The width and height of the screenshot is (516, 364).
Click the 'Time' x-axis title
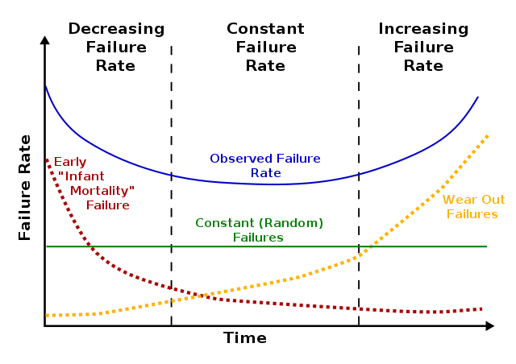244,338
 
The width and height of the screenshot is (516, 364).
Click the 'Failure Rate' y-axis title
25,187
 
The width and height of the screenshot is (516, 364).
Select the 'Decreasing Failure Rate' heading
116,48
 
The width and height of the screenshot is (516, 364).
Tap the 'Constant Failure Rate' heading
265,48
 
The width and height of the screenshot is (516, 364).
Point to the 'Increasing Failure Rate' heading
423,48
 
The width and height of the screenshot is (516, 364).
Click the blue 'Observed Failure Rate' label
265,166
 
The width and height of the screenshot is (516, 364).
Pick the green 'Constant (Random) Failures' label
259,230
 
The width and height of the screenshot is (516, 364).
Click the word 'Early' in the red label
70,162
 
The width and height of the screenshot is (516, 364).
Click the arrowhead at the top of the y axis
45,39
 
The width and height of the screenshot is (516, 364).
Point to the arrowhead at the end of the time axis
489,326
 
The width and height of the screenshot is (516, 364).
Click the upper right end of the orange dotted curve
488,136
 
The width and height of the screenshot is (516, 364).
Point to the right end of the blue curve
478,97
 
